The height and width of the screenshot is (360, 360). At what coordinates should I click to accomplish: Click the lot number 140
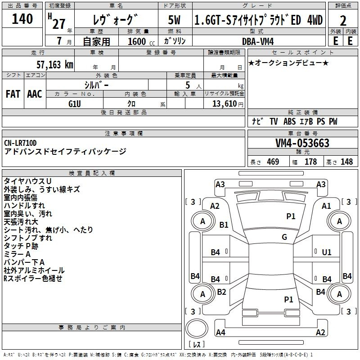[22, 19]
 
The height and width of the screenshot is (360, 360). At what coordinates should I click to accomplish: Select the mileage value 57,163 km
[55, 65]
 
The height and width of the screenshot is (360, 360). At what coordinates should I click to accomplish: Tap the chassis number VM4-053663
[302, 143]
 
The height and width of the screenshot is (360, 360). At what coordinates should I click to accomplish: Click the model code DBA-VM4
[258, 41]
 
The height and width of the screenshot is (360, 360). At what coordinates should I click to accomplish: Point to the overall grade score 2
[343, 21]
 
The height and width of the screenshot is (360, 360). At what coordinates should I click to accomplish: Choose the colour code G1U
[75, 104]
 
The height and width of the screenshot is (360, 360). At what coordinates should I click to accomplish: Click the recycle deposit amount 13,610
[225, 104]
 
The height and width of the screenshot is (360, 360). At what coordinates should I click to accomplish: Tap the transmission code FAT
[13, 94]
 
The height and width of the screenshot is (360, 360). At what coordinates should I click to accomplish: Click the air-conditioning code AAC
[35, 94]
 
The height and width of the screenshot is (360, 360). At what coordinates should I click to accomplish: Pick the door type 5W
[174, 20]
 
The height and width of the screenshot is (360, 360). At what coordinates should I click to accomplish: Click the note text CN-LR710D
[20, 143]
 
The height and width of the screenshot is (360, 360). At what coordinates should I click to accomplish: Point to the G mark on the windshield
[284, 237]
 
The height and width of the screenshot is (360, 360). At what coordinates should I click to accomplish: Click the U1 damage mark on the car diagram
[327, 252]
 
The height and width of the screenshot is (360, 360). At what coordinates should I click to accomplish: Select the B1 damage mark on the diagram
[224, 225]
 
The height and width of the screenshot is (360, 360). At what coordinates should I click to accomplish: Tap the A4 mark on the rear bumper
[220, 332]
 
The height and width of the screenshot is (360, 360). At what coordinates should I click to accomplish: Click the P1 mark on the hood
[291, 216]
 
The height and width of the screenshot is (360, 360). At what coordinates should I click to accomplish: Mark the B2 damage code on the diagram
[221, 292]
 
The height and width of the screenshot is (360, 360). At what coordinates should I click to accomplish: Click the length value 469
[273, 162]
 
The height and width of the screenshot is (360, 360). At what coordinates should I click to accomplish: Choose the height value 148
[346, 162]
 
